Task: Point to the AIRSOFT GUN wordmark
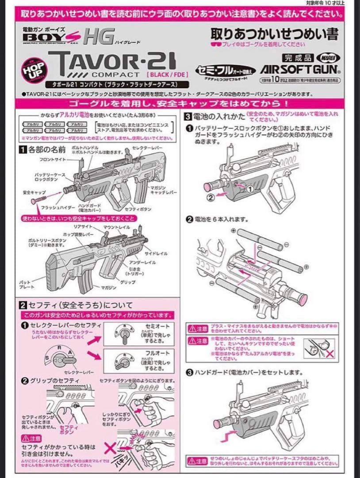pos(300,70)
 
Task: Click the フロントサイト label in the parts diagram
pos(50,159)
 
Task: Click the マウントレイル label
pos(117,227)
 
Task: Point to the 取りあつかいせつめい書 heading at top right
pos(274,34)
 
